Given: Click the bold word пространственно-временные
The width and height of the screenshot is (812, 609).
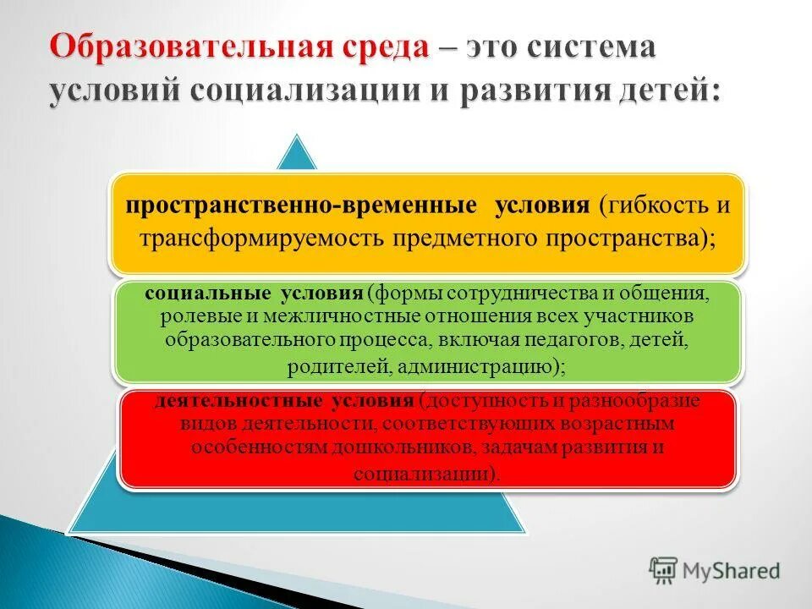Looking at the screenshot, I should coord(302,207).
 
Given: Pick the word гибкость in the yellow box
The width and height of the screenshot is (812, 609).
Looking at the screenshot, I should coord(654,207).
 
